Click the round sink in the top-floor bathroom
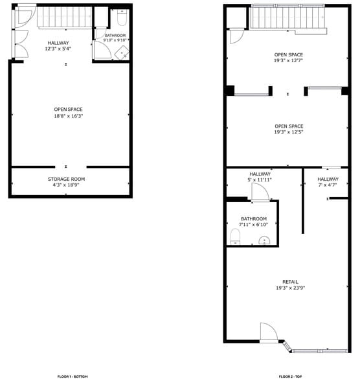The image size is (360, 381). (265, 241)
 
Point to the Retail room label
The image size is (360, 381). (289, 281)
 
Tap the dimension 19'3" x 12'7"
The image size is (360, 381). (288, 61)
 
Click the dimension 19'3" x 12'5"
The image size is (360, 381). (288, 132)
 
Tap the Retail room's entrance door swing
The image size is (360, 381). (268, 332)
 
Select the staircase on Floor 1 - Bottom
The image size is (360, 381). (62, 17)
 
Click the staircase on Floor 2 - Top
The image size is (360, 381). (287, 17)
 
